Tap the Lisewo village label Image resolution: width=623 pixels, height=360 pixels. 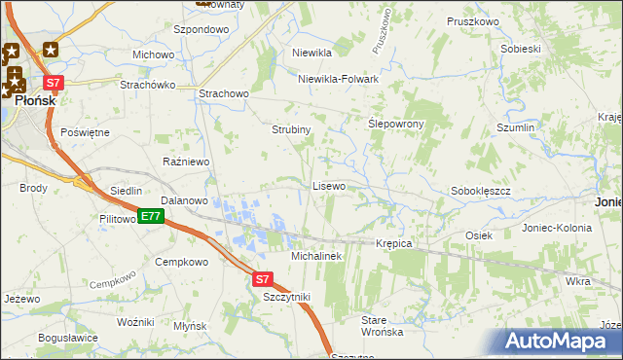329,185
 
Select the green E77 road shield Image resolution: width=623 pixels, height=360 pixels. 149,216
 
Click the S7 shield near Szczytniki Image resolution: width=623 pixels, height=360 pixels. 262,278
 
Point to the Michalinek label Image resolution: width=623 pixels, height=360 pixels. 316,256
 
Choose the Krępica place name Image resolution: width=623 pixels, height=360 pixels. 393,243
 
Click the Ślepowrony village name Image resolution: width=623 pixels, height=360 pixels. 393,126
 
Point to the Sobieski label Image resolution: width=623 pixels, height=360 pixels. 520,49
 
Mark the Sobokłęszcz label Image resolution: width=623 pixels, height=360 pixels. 481,192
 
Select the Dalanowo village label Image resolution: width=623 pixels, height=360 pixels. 185,200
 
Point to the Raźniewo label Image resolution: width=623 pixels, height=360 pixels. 187,162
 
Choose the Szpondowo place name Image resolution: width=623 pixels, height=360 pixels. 202,30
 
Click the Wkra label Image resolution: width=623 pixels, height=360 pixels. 576,281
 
